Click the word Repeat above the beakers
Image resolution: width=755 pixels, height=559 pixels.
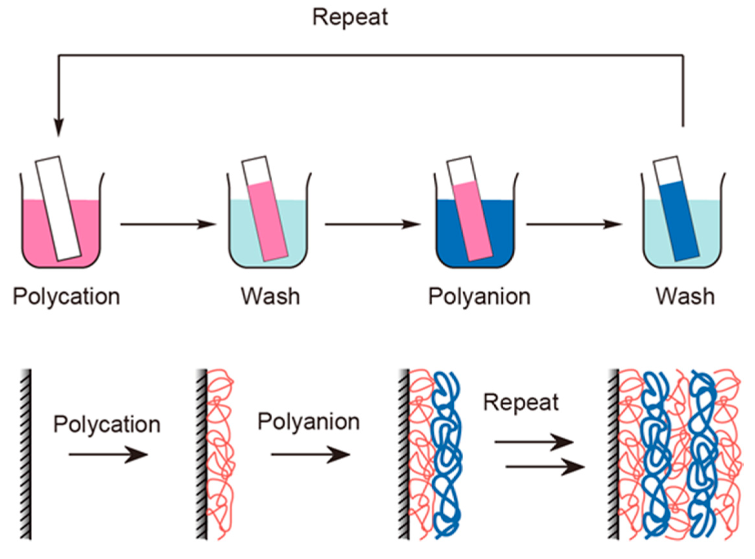click(x=350, y=17)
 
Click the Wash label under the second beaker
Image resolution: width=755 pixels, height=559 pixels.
click(x=270, y=296)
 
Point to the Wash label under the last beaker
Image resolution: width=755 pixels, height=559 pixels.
click(x=685, y=296)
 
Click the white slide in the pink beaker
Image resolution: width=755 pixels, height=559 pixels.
click(x=58, y=208)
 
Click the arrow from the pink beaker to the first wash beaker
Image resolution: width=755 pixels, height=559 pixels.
click(x=168, y=224)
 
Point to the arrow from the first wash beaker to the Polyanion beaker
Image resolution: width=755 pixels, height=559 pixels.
click(x=373, y=224)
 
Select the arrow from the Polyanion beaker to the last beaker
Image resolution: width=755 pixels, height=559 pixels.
click(x=574, y=224)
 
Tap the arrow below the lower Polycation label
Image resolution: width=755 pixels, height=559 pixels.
click(x=108, y=454)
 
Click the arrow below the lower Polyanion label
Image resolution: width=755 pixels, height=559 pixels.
click(x=310, y=454)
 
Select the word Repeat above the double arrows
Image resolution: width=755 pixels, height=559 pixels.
click(x=521, y=403)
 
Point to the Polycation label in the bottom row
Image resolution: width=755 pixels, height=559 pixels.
click(x=107, y=425)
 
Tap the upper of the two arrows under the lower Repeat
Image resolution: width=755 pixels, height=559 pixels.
click(x=534, y=442)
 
